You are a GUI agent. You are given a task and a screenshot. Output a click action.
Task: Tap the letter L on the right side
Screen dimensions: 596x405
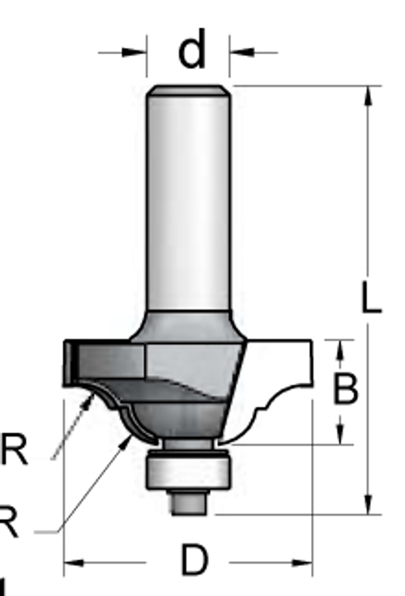(x=370, y=299)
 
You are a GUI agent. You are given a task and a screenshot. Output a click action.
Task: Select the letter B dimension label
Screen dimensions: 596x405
(x=346, y=390)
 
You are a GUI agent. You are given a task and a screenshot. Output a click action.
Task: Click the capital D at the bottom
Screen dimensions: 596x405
(x=194, y=560)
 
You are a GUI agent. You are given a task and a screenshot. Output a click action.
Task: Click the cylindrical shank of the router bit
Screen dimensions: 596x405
(x=188, y=202)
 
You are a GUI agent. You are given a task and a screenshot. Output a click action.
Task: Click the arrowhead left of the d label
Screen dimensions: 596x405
(x=136, y=53)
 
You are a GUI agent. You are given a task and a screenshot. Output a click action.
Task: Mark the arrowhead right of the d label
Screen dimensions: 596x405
(x=241, y=53)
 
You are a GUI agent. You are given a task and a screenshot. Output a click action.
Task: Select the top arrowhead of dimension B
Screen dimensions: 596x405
(x=341, y=350)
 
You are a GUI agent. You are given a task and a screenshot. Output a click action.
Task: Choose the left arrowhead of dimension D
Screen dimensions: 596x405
(x=75, y=561)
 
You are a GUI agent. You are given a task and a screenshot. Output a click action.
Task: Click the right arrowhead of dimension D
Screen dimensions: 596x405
(x=302, y=561)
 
